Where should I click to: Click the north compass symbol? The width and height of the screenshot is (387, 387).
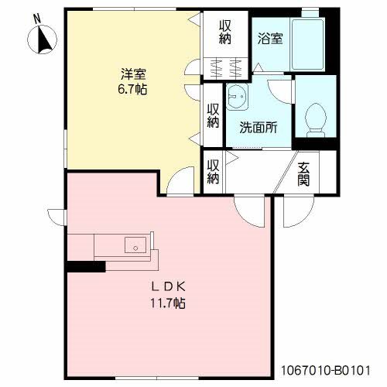click(x=43, y=39)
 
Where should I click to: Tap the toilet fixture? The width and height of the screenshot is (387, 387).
click(x=315, y=120)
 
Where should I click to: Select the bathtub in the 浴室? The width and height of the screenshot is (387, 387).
click(x=307, y=44)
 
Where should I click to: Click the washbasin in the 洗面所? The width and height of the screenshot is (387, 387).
click(x=237, y=96)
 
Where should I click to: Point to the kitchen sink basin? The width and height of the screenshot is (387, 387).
click(x=135, y=245)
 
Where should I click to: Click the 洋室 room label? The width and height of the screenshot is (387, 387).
click(x=133, y=74)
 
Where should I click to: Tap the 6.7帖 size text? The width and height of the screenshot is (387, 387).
click(x=132, y=89)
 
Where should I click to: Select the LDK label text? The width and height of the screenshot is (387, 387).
click(x=168, y=287)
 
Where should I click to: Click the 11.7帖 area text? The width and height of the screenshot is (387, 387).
click(x=168, y=303)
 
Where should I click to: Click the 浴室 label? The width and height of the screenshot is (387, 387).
click(x=270, y=39)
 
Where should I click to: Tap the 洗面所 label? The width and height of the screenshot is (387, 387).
click(x=259, y=127)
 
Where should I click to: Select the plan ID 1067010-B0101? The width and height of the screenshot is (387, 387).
click(x=325, y=371)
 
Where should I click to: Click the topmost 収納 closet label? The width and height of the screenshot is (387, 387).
click(x=225, y=33)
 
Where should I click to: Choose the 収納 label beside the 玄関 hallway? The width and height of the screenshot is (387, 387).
click(x=214, y=172)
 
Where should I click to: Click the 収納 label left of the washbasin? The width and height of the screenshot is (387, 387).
click(x=214, y=115)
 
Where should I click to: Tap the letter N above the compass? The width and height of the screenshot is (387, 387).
click(x=38, y=19)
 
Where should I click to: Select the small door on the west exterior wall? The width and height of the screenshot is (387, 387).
click(x=57, y=217)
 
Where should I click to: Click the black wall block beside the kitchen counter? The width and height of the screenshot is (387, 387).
click(x=86, y=266)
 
